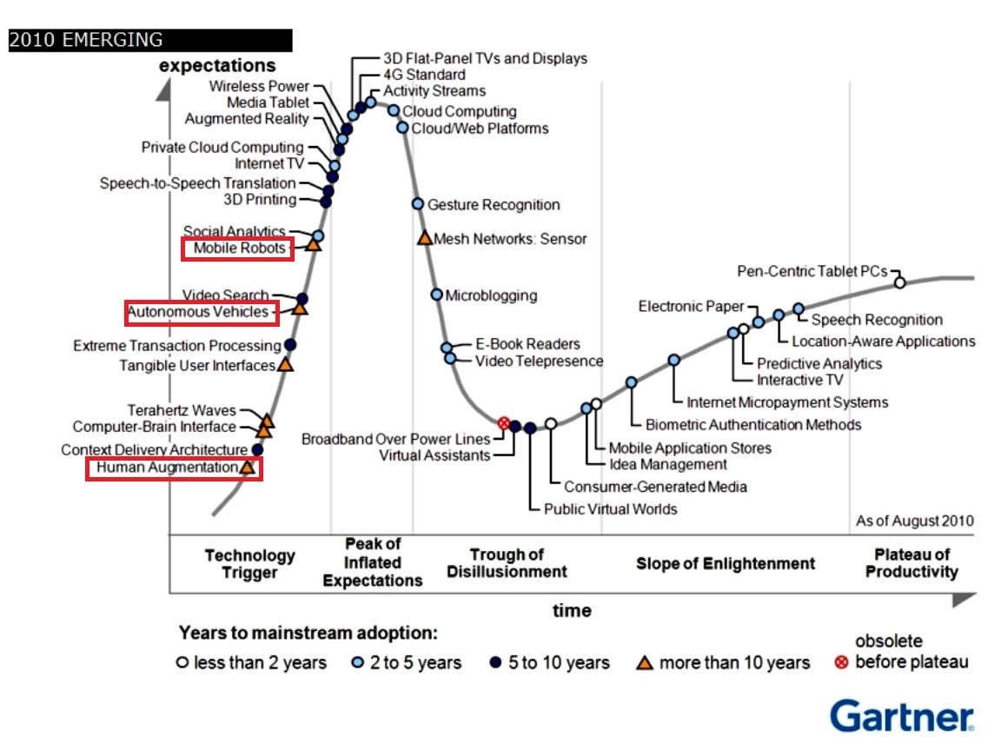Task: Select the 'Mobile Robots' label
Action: tap(240, 249)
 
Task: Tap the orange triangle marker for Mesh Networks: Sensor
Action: tap(425, 238)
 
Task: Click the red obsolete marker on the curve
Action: tap(503, 423)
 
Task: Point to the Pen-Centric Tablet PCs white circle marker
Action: tap(899, 282)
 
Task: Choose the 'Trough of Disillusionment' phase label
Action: tap(507, 563)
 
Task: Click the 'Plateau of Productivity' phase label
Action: tap(912, 563)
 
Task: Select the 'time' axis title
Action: tap(572, 611)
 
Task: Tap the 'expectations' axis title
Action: tap(218, 66)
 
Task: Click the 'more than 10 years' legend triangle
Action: tap(645, 663)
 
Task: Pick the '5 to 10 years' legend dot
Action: tap(495, 662)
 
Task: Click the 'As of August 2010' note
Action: tap(915, 521)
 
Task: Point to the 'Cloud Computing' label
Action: tap(460, 111)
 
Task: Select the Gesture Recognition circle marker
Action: tap(417, 203)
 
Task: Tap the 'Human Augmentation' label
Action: tap(167, 468)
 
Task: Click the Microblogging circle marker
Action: tap(437, 295)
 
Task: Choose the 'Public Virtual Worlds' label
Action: tap(610, 508)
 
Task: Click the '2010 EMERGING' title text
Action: tap(85, 40)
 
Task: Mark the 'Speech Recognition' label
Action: tap(877, 319)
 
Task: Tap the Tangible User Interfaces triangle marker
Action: tap(285, 364)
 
